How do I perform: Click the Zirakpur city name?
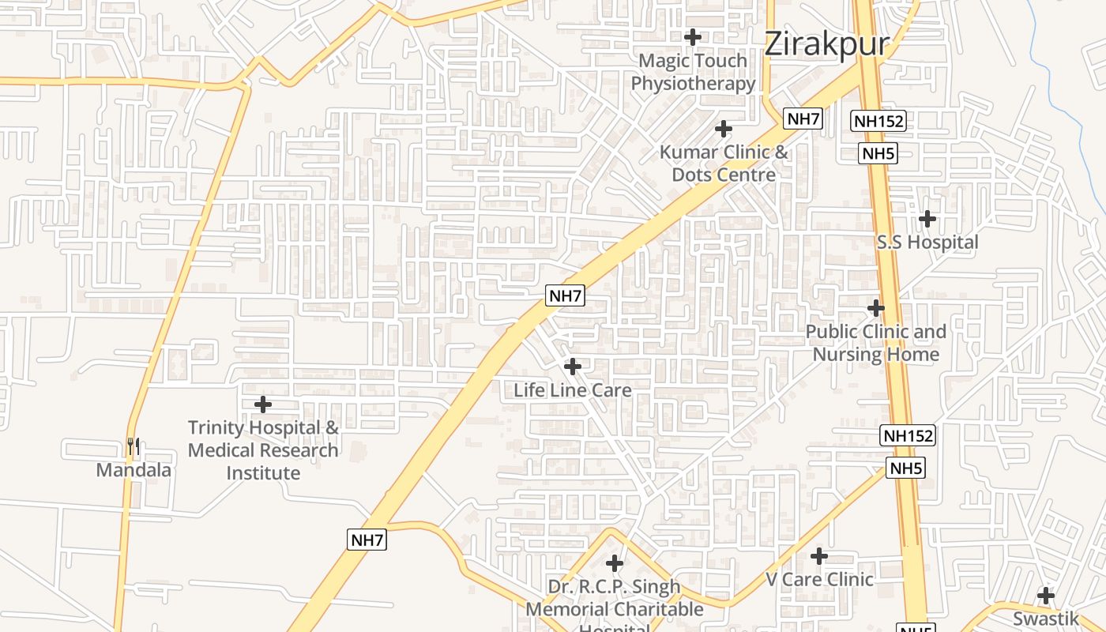826,43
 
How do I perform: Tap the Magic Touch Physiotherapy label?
693,72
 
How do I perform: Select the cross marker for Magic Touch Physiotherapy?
693,37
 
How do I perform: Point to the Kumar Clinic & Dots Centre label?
724,164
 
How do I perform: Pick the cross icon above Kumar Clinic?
724,129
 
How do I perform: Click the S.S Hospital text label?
927,243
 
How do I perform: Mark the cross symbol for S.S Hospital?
927,218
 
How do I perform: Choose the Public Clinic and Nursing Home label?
876,343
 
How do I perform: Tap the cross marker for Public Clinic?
876,307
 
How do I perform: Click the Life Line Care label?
573,390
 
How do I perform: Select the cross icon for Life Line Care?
573,367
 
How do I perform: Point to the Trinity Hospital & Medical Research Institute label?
263,450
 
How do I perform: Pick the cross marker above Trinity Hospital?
263,404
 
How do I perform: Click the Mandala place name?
134,470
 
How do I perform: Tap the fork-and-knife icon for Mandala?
134,447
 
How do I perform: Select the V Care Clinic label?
819,580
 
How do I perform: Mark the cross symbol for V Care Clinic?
819,556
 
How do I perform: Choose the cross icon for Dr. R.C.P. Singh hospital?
615,563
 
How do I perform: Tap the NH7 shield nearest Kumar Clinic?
803,119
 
